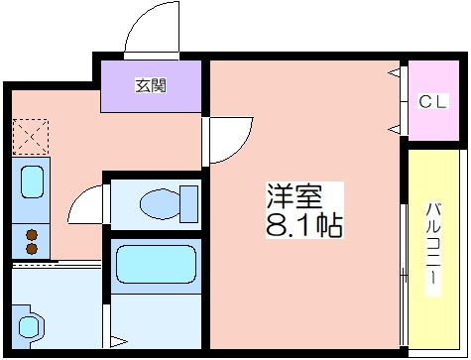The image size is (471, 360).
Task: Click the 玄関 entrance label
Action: tap(151, 85)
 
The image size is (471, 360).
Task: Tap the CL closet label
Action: tap(433, 101)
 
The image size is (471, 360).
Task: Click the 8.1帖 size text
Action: tap(304, 225)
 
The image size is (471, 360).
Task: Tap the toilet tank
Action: tap(189, 203)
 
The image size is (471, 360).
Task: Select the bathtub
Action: tap(156, 264)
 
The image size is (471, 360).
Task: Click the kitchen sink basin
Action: tap(32, 182)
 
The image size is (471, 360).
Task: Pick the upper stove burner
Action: tap(32, 235)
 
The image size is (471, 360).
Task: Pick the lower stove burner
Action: tap(32, 249)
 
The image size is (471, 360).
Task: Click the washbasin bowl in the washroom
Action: tap(29, 326)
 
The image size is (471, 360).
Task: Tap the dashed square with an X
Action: tap(31, 137)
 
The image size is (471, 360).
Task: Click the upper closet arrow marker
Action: tap(395, 72)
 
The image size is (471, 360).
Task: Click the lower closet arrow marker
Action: tap(395, 130)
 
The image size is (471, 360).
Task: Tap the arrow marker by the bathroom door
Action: tap(119, 341)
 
